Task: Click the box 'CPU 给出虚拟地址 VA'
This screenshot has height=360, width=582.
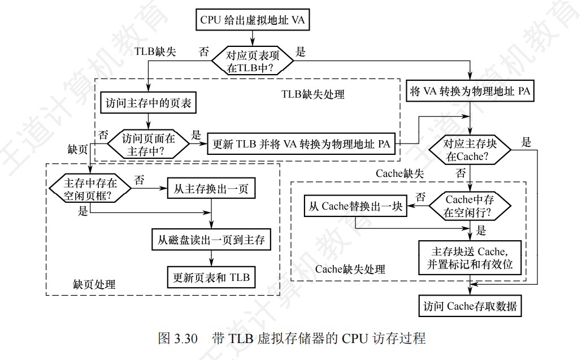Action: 252,20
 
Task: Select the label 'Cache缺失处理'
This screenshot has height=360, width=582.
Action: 350,269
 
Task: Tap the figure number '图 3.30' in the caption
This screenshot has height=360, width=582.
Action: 177,339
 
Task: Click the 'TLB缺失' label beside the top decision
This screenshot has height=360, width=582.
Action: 155,51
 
